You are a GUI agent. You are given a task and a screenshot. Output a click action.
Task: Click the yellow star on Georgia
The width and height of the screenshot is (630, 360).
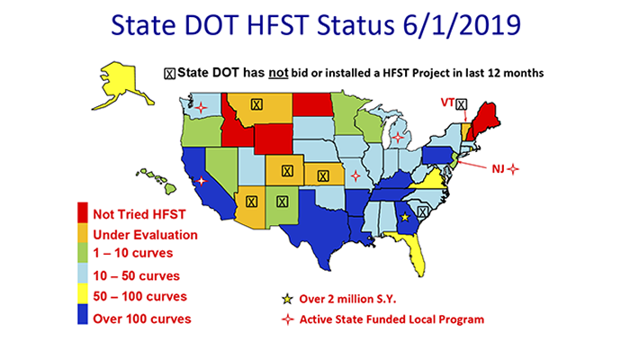coord(405,218)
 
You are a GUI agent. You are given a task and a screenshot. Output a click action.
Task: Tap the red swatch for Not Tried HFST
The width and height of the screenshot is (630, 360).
coord(83,212)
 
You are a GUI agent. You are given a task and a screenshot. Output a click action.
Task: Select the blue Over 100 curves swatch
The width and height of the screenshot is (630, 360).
coord(83,314)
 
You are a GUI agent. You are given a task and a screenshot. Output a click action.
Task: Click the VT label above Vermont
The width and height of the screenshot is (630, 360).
coord(447,103)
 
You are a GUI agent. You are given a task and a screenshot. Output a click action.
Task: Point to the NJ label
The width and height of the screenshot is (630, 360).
coord(499,169)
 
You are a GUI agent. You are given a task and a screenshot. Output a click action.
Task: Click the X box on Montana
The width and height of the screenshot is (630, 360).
coord(256,105)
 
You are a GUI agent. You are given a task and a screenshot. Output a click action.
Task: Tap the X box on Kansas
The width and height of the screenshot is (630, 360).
coord(323,176)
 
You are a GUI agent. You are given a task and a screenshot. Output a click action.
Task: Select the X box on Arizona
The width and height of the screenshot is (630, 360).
coord(251,202)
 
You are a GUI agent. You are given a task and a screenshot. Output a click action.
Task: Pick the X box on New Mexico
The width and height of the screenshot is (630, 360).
coord(282,202)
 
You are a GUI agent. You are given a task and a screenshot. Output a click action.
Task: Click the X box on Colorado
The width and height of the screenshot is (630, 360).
coord(287,171)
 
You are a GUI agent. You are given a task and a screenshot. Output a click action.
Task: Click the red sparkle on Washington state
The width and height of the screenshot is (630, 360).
coord(201,108)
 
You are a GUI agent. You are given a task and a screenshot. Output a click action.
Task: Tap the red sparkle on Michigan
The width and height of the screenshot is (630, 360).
coord(398,138)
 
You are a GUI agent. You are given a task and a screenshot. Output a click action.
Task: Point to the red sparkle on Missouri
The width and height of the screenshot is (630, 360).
coord(355,175)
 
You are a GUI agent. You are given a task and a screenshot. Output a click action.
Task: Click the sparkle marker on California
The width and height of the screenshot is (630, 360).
coord(201,181)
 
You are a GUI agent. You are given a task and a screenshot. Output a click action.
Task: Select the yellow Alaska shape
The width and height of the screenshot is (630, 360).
coord(120,84)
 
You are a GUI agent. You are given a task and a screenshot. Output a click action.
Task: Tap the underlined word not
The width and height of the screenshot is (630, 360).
coord(278,73)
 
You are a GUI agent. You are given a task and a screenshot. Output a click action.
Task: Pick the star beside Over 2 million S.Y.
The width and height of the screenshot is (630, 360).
coord(287,299)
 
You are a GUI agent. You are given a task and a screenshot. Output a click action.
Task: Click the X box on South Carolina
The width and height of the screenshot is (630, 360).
coord(422,211)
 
